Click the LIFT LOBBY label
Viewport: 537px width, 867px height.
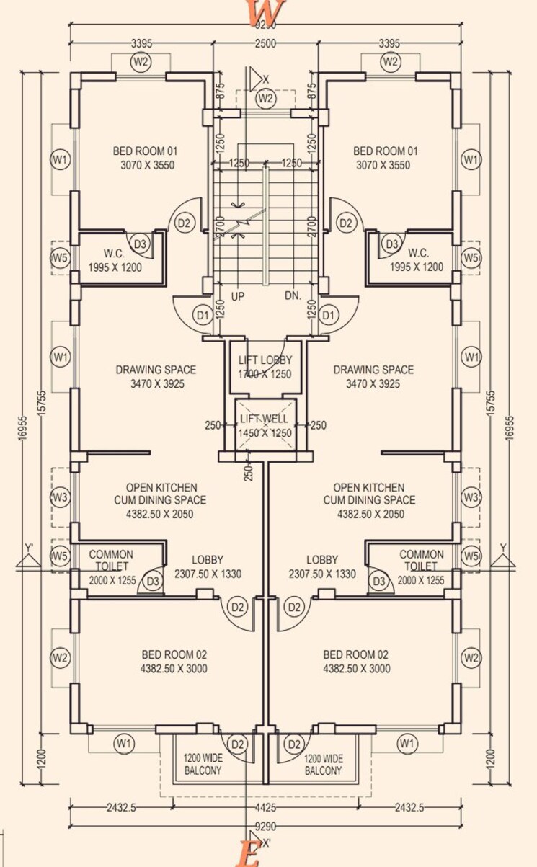click(x=265, y=360)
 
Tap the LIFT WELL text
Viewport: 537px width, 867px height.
click(x=265, y=419)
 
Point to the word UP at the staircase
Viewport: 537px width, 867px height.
click(x=238, y=296)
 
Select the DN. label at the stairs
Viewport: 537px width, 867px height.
click(x=293, y=296)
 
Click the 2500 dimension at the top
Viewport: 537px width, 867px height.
click(x=265, y=44)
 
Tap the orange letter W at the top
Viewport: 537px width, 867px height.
click(x=265, y=12)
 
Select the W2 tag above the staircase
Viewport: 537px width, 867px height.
click(x=265, y=98)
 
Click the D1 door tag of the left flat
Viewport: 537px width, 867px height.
click(x=203, y=315)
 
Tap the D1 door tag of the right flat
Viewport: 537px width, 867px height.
click(x=329, y=315)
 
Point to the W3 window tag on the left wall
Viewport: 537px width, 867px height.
click(x=61, y=497)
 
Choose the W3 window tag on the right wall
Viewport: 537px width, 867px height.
click(x=471, y=497)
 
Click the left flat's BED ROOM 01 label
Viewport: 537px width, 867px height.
click(x=145, y=151)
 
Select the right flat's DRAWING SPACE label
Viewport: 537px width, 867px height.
click(x=373, y=370)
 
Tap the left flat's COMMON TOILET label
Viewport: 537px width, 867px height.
click(x=111, y=560)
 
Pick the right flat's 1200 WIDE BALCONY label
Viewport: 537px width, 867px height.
click(x=322, y=765)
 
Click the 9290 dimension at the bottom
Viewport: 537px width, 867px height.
click(x=266, y=827)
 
